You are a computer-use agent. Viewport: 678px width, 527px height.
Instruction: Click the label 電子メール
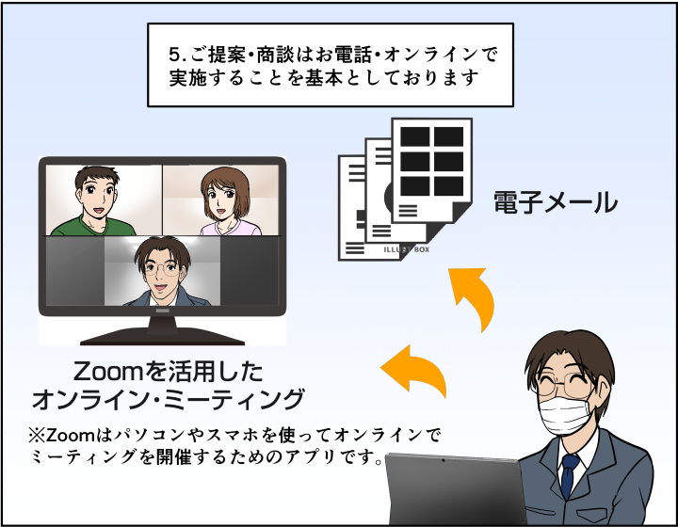tap(556, 202)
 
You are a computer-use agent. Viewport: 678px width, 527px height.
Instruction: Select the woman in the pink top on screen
tap(223, 200)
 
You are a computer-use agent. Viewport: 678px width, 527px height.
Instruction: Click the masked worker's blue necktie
tap(569, 475)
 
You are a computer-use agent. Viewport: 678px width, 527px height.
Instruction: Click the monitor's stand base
tap(161, 335)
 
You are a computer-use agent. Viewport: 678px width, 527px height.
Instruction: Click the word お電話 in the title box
tap(340, 55)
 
